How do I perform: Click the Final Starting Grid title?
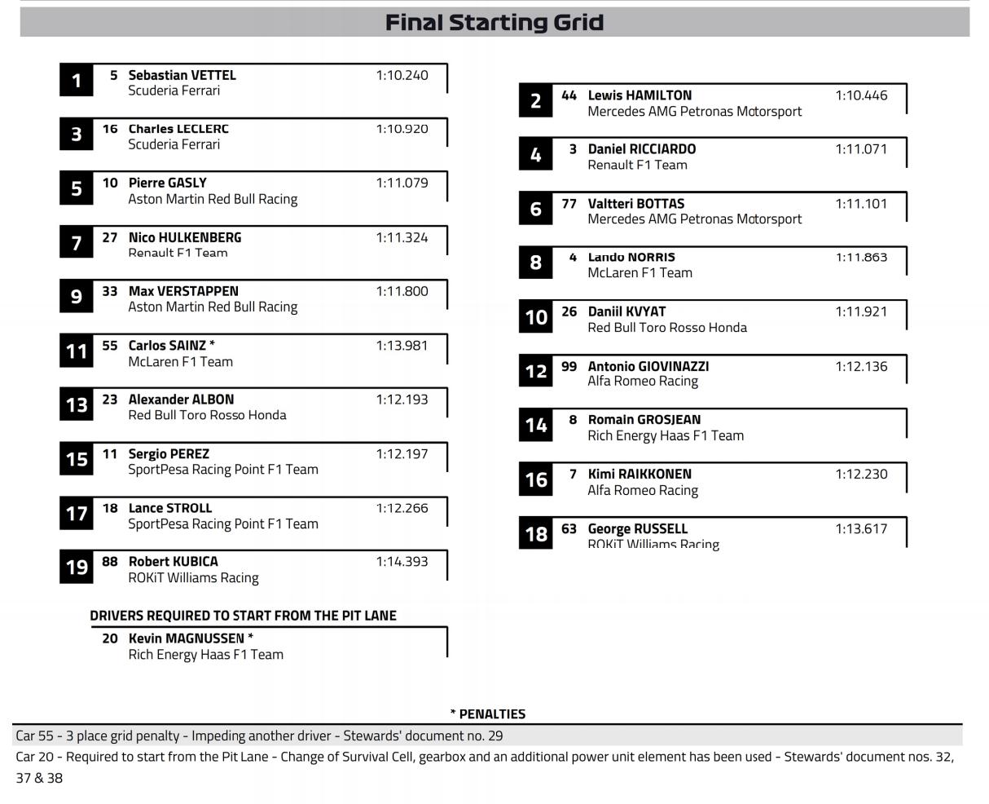(494, 22)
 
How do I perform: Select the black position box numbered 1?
(77, 81)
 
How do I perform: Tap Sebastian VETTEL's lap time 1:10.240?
(402, 75)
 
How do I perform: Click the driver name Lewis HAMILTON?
(640, 95)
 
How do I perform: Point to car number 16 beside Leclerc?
(110, 129)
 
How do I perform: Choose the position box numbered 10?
(535, 316)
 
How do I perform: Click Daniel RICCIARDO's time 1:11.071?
(861, 149)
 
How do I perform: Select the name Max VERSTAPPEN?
(183, 291)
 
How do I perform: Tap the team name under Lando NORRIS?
(640, 273)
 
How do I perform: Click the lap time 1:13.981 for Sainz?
(402, 346)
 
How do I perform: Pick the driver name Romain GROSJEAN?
(644, 420)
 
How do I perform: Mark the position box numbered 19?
(77, 567)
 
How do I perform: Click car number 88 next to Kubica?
(110, 562)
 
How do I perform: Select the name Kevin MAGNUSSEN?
(191, 638)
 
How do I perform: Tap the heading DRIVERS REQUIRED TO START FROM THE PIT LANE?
(243, 616)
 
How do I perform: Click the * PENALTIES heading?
(488, 714)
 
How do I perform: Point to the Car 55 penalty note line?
(259, 736)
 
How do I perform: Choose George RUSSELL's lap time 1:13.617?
(861, 529)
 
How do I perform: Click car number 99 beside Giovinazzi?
(569, 367)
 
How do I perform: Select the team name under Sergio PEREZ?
(222, 470)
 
